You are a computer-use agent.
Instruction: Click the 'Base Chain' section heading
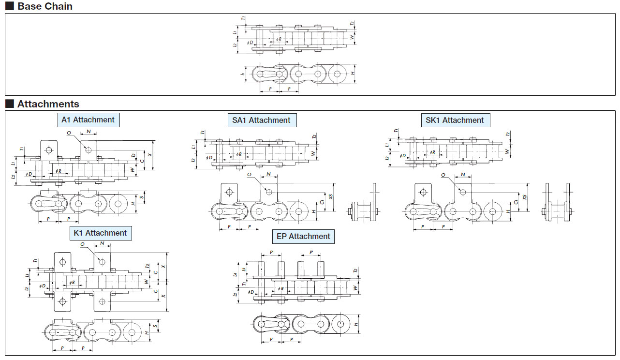44,6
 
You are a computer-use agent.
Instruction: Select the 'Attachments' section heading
48,104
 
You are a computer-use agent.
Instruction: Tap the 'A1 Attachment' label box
88,120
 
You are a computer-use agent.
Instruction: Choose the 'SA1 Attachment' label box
262,120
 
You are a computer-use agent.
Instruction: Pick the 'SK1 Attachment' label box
455,120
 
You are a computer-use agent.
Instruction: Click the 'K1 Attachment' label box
100,233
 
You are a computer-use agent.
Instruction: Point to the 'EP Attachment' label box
303,237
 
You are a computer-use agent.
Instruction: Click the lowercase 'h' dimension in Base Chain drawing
242,74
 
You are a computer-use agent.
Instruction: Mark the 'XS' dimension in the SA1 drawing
331,197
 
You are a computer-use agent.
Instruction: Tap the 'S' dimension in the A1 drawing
141,197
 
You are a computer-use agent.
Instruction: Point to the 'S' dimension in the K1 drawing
154,327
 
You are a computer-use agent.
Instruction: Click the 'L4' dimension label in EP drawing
236,275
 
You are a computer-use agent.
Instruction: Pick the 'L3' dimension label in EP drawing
244,269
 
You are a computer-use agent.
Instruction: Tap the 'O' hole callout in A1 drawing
69,133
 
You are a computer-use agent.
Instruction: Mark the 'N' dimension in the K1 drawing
102,243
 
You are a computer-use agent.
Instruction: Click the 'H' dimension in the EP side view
356,324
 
